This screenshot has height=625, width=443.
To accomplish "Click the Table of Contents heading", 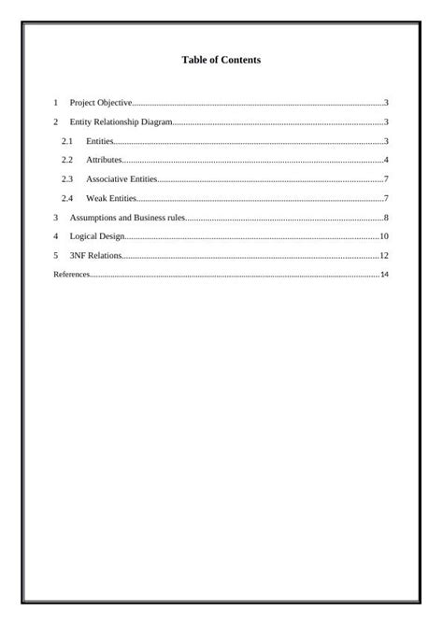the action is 221,60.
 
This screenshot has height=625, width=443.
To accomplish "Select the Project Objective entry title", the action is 101,103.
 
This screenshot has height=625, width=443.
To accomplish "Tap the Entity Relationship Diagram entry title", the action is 121,122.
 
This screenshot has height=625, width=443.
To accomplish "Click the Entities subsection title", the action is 99,141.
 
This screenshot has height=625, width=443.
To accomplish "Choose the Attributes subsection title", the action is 104,161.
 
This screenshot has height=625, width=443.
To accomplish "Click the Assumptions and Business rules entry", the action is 127,218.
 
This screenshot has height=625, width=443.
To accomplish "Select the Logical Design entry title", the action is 97,236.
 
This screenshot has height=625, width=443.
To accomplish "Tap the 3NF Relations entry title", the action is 95,255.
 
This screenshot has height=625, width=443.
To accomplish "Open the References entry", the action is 71,275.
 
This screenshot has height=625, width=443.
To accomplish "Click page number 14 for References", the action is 384,275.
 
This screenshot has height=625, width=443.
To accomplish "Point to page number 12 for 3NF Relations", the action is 383,255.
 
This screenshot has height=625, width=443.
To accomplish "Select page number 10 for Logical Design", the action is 383,236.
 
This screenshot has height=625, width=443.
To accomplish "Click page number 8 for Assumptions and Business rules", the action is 386,218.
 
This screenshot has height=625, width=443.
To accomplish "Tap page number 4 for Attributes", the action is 386,161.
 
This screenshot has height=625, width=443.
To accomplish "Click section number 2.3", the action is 66,179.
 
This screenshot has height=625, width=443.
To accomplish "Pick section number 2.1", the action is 66,141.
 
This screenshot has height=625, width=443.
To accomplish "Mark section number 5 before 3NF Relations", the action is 56,255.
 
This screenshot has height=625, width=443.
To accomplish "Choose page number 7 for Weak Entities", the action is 386,198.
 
